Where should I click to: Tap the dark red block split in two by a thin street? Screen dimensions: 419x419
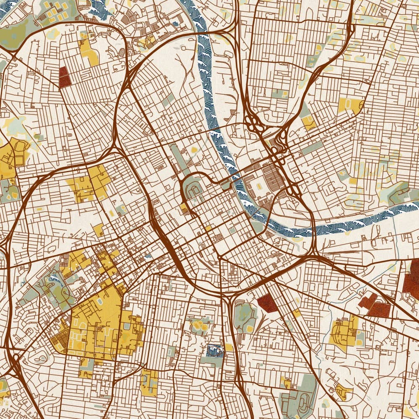[x=64, y=77]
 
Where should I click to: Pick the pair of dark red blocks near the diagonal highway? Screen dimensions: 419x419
[x=374, y=305]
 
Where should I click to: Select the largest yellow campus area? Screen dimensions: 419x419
[x=98, y=323]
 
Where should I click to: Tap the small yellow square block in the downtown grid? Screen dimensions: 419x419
[x=208, y=228]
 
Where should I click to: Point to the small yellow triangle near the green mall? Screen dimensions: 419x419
[x=194, y=149]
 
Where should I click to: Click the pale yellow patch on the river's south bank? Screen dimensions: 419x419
[x=298, y=240]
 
